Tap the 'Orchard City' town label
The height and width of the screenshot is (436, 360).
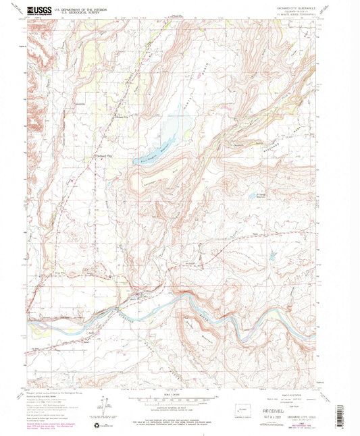point(101,159)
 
